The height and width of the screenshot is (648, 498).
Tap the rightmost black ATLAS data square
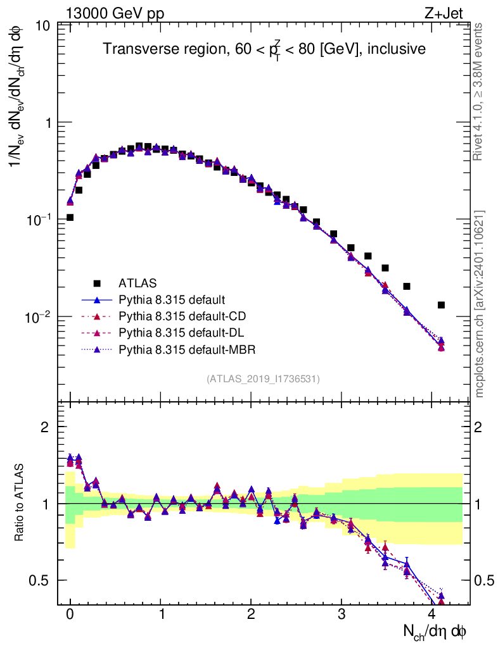click(x=441, y=305)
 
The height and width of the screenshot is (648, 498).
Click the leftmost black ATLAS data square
click(x=70, y=218)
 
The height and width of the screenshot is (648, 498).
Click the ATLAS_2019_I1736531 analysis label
click(x=263, y=379)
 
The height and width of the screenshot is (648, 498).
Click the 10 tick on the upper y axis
click(x=44, y=26)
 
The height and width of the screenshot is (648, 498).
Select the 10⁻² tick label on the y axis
click(x=39, y=316)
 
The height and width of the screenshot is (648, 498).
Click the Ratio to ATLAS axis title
click(x=20, y=502)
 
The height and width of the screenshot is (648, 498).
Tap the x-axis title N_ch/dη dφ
click(x=436, y=632)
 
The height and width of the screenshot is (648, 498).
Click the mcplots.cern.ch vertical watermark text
click(x=480, y=304)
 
